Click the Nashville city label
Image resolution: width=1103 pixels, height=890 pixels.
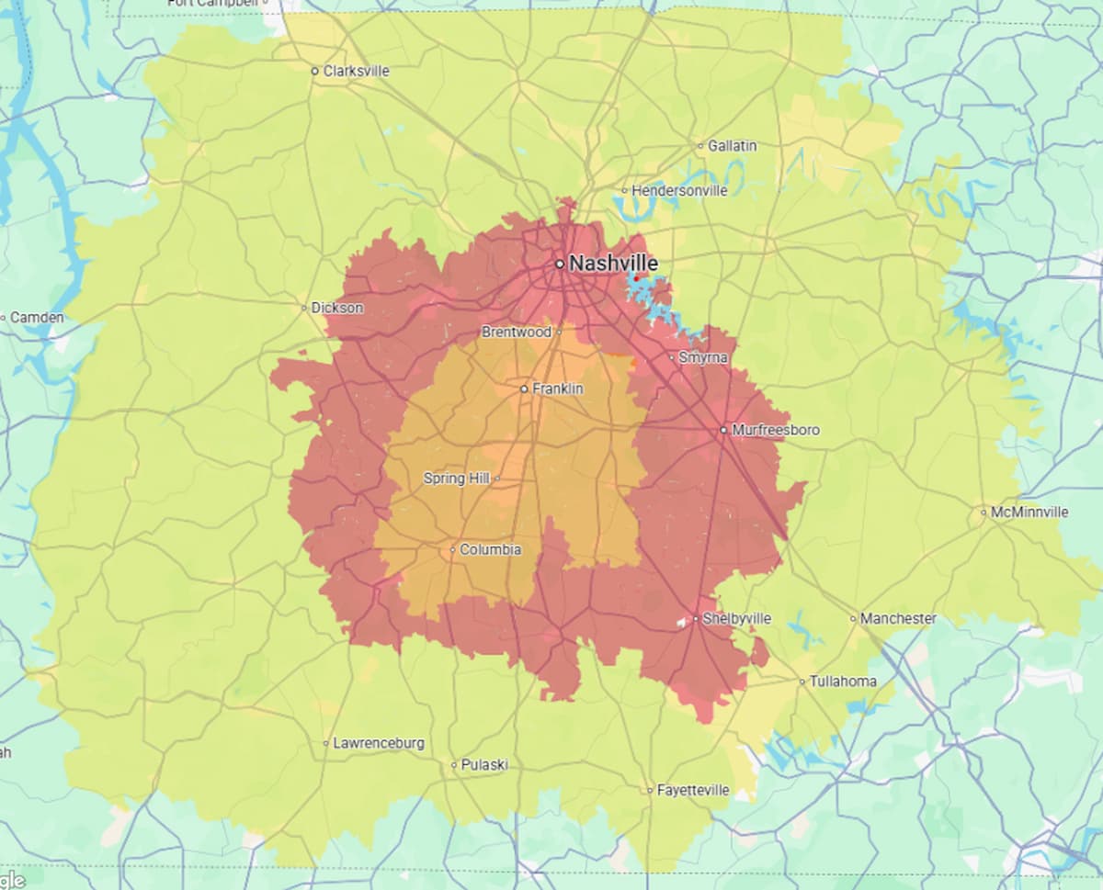click(x=613, y=264)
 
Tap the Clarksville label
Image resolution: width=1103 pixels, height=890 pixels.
click(x=356, y=71)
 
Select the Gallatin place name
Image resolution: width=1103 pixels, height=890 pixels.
click(x=733, y=145)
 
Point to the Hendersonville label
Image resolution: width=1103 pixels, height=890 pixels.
click(x=679, y=191)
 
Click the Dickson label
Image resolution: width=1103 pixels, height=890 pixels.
click(x=337, y=308)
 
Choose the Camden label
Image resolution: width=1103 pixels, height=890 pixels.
click(x=38, y=318)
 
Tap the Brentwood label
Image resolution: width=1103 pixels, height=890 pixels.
click(x=517, y=332)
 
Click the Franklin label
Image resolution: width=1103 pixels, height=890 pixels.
click(x=558, y=389)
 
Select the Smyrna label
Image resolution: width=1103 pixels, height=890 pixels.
click(x=703, y=357)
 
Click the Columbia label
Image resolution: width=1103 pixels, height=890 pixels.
click(x=490, y=550)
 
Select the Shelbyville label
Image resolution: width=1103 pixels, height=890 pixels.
click(x=736, y=619)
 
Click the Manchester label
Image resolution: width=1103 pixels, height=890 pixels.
click(x=898, y=619)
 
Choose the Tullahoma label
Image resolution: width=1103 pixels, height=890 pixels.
click(x=843, y=682)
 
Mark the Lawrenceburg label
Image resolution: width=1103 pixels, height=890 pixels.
click(x=379, y=743)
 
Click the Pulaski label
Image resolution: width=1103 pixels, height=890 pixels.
click(x=484, y=765)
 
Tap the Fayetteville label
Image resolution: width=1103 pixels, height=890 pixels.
click(x=693, y=790)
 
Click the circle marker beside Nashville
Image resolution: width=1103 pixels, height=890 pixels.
click(x=559, y=264)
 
